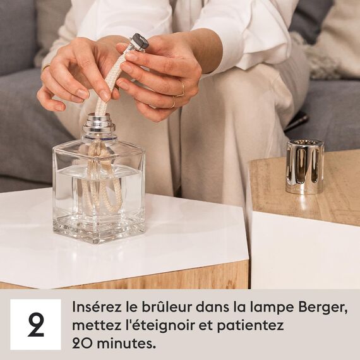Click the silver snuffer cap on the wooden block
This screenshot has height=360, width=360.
(x=304, y=166)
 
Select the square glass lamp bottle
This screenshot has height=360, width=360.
(x=99, y=189)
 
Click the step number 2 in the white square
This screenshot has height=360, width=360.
(x=36, y=325)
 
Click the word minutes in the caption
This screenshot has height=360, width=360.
(x=130, y=344)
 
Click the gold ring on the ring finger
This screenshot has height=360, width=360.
(x=182, y=87)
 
